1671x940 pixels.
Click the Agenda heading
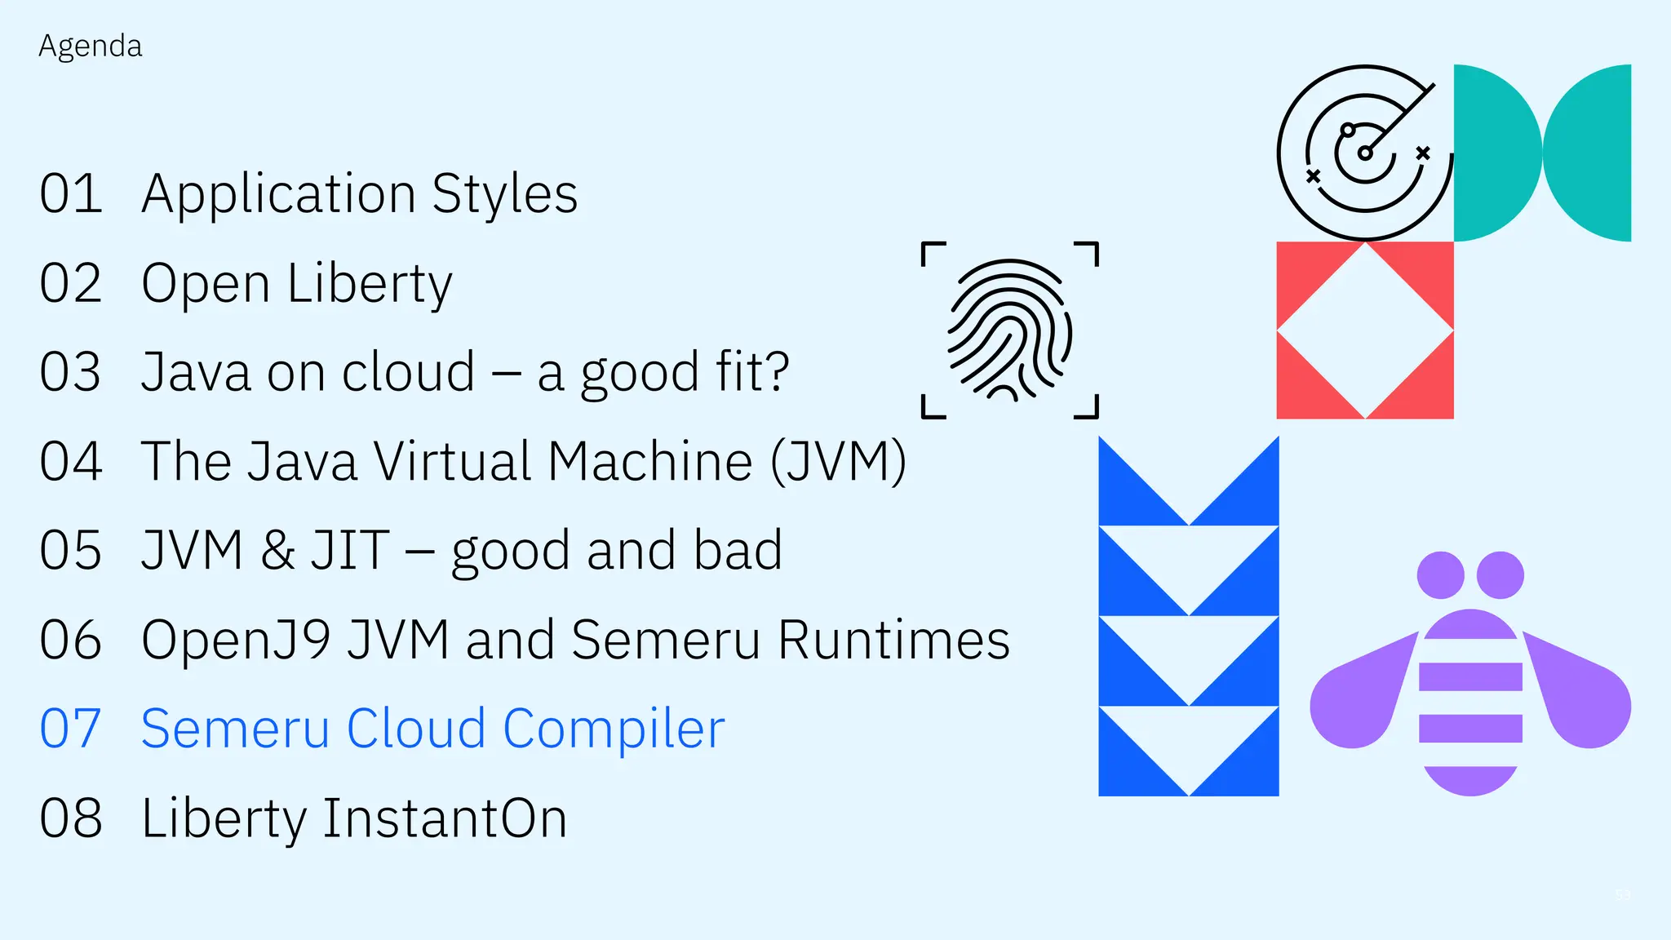90,47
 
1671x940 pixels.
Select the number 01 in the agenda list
71,194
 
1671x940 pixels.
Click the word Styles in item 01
504,194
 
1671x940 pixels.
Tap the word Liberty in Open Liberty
370,284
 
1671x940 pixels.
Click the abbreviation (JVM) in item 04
839,462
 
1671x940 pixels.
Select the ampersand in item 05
277,550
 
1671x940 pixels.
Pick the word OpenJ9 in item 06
235,639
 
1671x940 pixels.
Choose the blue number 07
71,729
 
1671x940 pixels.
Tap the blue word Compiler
614,729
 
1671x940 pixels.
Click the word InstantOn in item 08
445,818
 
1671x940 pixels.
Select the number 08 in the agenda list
71,818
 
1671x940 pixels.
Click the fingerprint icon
1010,330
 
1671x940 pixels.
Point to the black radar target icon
1364,153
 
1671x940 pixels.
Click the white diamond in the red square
1365,330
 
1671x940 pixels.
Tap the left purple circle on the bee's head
1440,575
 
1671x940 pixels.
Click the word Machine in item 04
649,462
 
